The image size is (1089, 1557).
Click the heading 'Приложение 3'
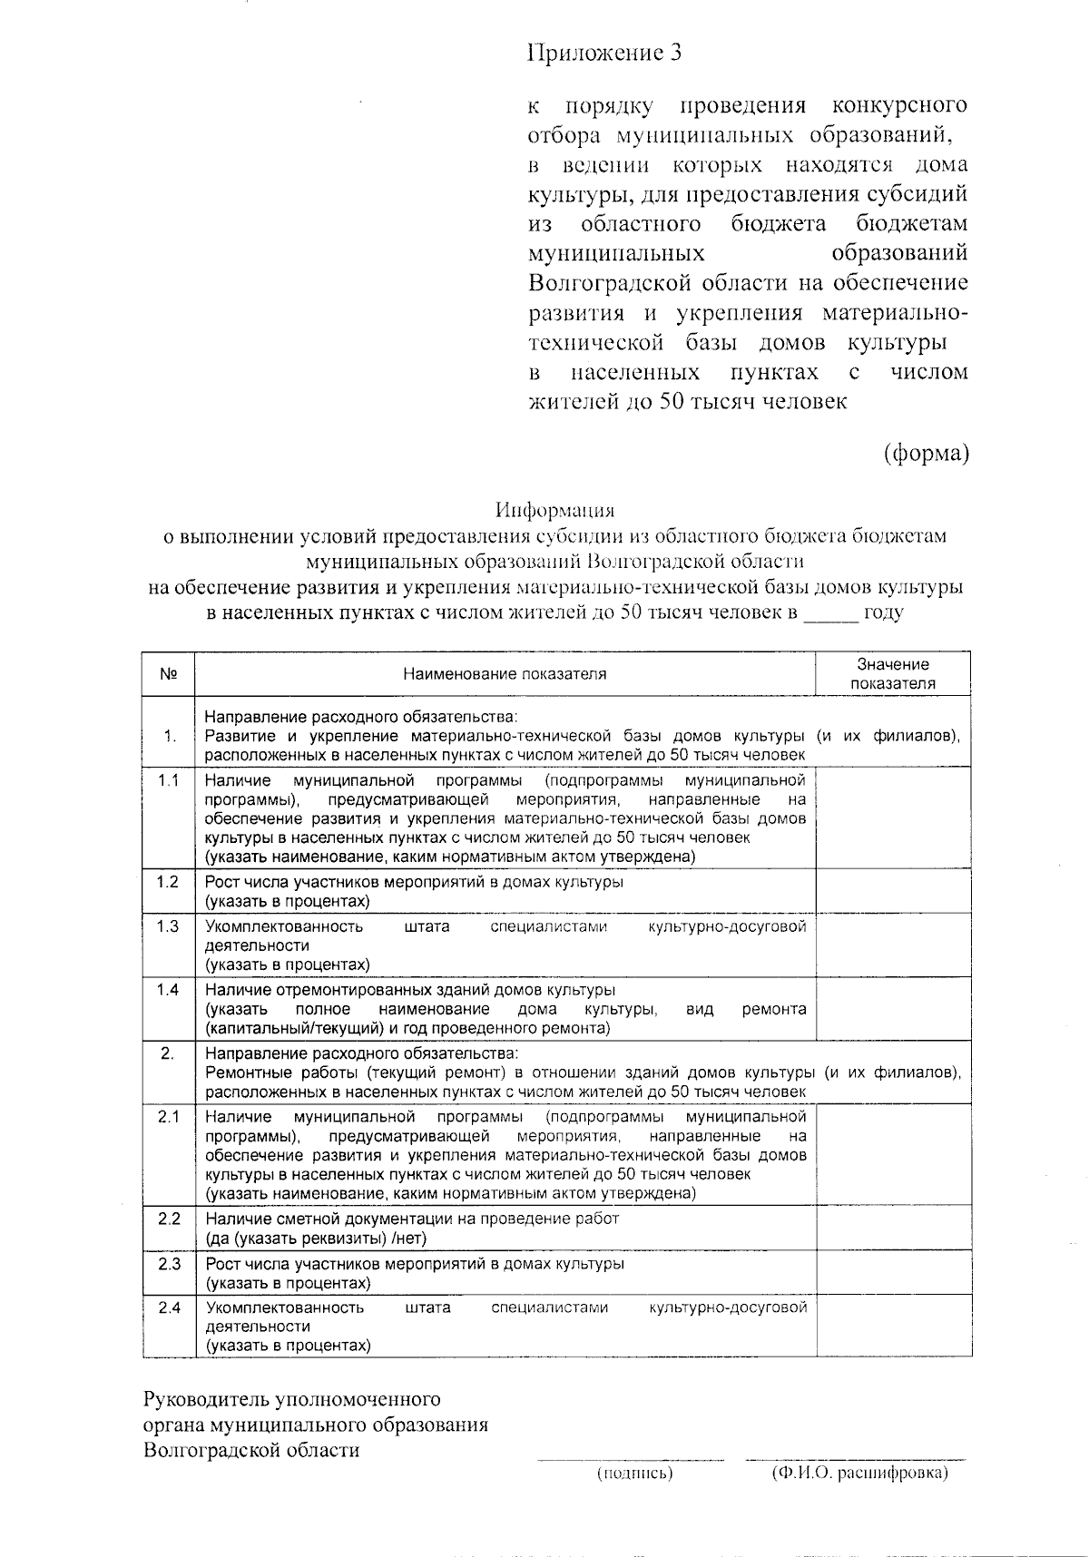click(x=604, y=54)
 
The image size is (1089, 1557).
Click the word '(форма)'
click(x=927, y=452)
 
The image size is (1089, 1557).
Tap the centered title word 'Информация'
click(x=554, y=510)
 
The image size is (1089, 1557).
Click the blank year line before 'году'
click(x=830, y=613)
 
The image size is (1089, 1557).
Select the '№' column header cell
click(x=168, y=674)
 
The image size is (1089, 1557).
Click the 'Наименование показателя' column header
click(x=505, y=674)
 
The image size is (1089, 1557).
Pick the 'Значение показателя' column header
click(x=893, y=674)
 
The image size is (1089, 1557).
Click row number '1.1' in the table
click(x=168, y=780)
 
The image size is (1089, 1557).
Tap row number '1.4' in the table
click(x=168, y=990)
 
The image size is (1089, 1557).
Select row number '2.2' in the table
click(x=169, y=1219)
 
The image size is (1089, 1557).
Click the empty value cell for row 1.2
click(x=893, y=891)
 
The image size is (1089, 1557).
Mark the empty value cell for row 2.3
click(x=893, y=1273)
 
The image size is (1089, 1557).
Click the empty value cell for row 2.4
click(x=893, y=1326)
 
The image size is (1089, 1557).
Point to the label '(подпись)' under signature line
click(x=634, y=1474)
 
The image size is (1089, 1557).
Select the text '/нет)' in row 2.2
click(x=409, y=1238)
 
